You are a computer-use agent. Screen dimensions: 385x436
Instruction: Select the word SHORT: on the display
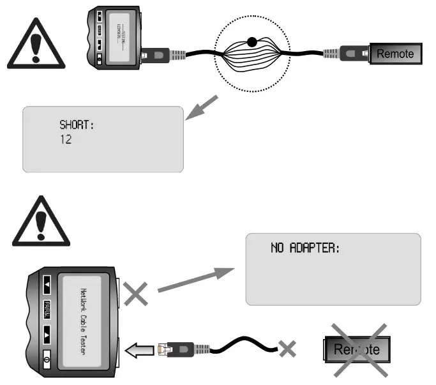(77, 125)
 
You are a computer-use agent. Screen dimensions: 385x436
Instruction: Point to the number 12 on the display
(66, 139)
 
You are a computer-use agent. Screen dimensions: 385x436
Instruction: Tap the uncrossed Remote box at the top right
(395, 54)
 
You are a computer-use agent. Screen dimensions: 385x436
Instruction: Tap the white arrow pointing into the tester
(140, 349)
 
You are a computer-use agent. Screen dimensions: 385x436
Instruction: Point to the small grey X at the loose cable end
(289, 349)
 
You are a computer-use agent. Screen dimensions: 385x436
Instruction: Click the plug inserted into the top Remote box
(352, 54)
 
